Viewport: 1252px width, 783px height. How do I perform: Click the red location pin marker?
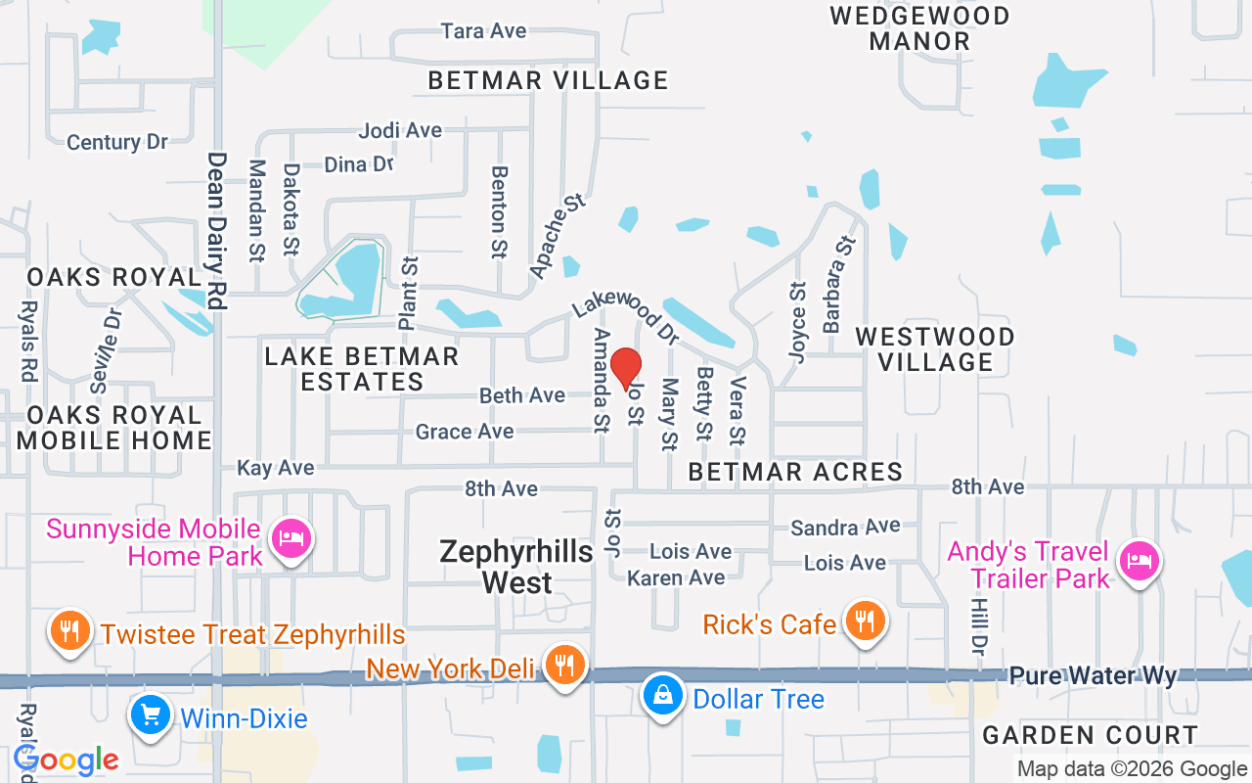click(x=626, y=369)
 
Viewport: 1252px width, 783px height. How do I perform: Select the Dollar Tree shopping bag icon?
click(x=663, y=697)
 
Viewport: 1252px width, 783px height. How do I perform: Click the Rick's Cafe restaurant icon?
click(x=863, y=621)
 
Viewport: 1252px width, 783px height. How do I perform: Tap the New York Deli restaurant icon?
click(x=564, y=666)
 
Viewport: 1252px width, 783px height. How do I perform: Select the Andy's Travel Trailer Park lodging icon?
click(x=1140, y=561)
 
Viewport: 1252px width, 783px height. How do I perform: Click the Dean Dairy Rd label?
click(x=216, y=231)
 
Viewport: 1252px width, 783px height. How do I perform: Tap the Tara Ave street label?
click(x=483, y=31)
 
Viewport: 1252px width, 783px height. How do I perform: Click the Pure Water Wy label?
click(x=1093, y=676)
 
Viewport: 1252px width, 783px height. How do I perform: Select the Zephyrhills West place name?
click(x=516, y=567)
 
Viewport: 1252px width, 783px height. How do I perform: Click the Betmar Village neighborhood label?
click(x=548, y=80)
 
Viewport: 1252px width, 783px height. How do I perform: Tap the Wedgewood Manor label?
click(x=919, y=28)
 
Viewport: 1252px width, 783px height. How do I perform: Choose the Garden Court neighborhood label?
click(x=1090, y=735)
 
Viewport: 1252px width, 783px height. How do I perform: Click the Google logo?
click(x=67, y=760)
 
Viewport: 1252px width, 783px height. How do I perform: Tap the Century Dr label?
click(x=117, y=142)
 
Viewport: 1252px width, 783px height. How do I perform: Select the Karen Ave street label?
click(x=676, y=577)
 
